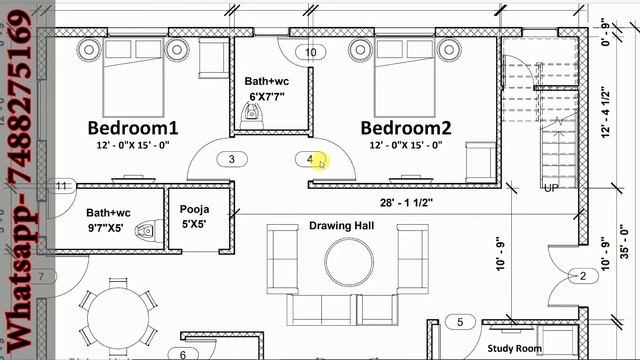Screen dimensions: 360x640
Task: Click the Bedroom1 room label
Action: pyautogui.click(x=132, y=128)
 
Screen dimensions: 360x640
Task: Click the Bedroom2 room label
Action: pyautogui.click(x=406, y=128)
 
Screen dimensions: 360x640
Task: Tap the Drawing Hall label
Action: pyautogui.click(x=341, y=226)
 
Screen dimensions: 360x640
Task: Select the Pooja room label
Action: pyautogui.click(x=194, y=210)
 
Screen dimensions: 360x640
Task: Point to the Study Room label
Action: pyautogui.click(x=514, y=349)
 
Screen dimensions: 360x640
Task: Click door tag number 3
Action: pyautogui.click(x=232, y=159)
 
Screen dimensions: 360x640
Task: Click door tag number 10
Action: pyautogui.click(x=311, y=52)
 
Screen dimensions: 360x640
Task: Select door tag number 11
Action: pyautogui.click(x=62, y=186)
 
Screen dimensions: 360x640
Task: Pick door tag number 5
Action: pyautogui.click(x=460, y=322)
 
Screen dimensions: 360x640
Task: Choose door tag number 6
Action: pyautogui.click(x=183, y=354)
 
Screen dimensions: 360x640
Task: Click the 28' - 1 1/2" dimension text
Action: pyautogui.click(x=405, y=203)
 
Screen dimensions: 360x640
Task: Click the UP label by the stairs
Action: pyautogui.click(x=550, y=188)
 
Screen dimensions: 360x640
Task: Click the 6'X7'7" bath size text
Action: pyautogui.click(x=266, y=97)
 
